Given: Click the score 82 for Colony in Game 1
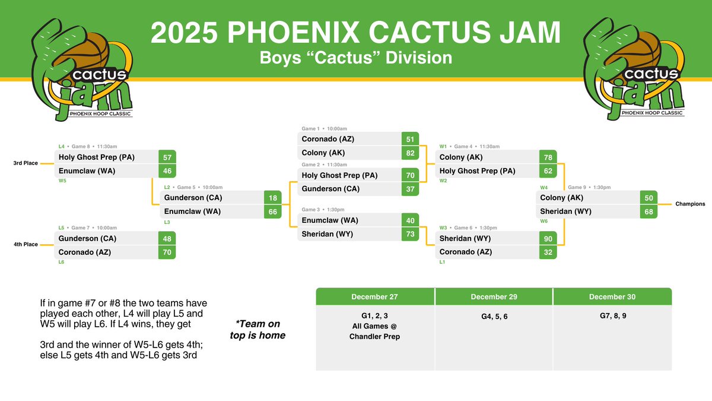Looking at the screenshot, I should click(x=409, y=153).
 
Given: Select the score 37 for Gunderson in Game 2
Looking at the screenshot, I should click(x=409, y=189).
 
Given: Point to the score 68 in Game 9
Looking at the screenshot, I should click(x=649, y=211).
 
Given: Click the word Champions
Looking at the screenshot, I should click(x=690, y=204).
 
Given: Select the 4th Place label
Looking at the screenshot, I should click(x=26, y=244).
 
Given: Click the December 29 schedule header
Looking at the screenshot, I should click(x=493, y=297).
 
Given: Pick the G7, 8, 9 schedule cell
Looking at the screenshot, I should click(x=612, y=316).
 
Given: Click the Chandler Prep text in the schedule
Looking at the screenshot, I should click(x=374, y=337).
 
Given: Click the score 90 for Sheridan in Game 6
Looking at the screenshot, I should click(x=548, y=238).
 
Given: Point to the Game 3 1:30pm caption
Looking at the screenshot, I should click(x=323, y=210).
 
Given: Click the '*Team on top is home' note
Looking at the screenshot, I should click(x=258, y=330).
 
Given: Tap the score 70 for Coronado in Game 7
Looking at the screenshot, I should click(x=168, y=252).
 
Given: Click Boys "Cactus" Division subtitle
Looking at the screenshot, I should click(x=355, y=58).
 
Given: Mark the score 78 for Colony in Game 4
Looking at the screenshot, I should click(x=548, y=157).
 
